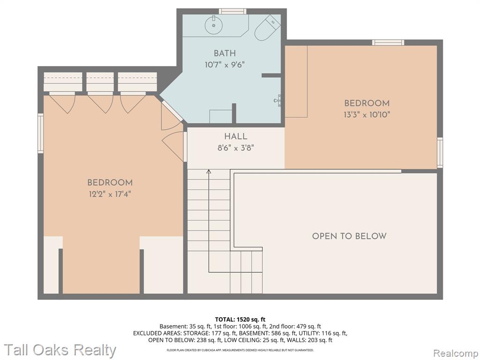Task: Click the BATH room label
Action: [225, 53]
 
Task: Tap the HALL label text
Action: [235, 136]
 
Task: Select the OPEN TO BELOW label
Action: [349, 236]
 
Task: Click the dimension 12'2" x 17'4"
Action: [110, 194]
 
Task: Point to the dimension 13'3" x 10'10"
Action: [367, 115]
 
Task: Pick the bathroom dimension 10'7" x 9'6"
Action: [225, 65]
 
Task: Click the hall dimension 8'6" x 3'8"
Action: [236, 148]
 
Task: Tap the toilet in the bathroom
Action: [267, 28]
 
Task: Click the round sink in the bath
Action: [214, 25]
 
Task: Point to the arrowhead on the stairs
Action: [209, 172]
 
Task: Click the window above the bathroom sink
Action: [232, 11]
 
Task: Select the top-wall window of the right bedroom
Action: [388, 43]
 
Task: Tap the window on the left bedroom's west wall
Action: [40, 133]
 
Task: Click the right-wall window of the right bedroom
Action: [440, 152]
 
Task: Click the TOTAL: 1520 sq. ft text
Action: [240, 320]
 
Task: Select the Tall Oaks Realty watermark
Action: [60, 350]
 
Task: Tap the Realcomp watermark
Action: [456, 353]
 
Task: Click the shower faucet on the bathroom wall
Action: [277, 100]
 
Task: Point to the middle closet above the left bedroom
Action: [100, 82]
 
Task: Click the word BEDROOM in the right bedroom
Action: [367, 103]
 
